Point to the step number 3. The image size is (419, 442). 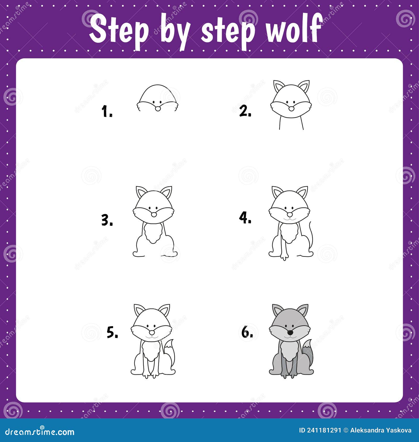coord(107,220)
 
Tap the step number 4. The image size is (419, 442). coord(245,218)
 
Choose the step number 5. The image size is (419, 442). coord(112,333)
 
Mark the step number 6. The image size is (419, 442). coord(247,333)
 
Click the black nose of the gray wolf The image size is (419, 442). coord(290,333)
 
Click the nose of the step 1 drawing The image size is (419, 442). coord(158,108)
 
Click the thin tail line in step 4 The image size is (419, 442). coord(311,235)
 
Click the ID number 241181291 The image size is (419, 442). coord(324,430)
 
